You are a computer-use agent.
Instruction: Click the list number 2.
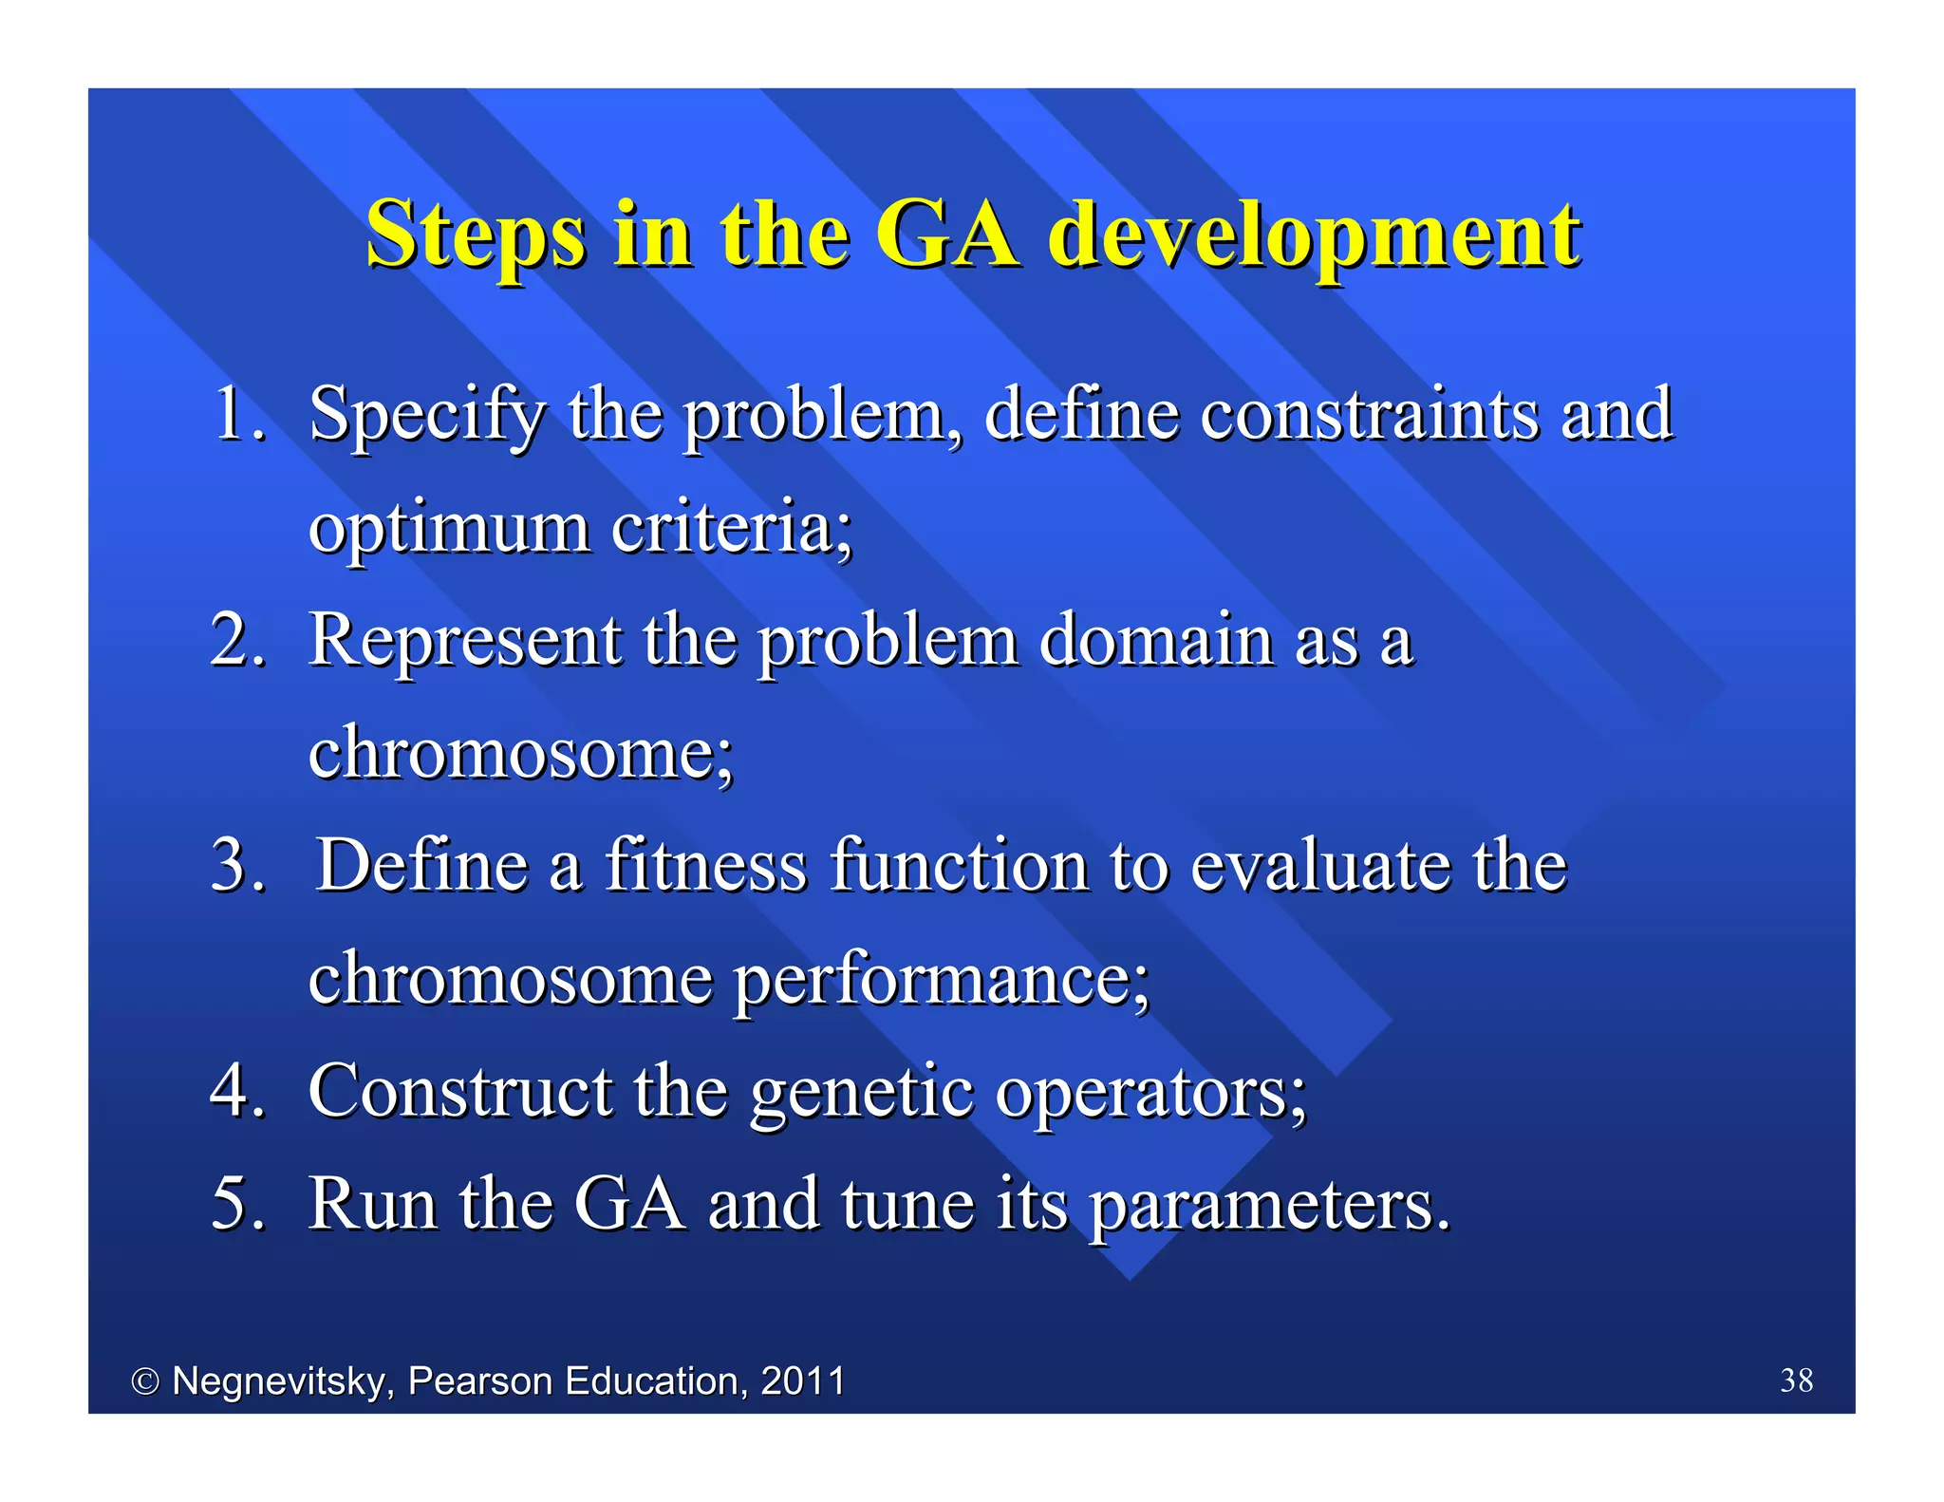(x=237, y=639)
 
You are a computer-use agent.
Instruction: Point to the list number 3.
(x=237, y=865)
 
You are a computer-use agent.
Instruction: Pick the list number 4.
(x=237, y=1090)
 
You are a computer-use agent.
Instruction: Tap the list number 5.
(x=237, y=1203)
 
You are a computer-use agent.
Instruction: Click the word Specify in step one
(x=427, y=416)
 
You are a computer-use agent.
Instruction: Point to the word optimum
(x=449, y=528)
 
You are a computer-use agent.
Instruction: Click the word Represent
(x=465, y=641)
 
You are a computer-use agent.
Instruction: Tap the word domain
(x=1156, y=639)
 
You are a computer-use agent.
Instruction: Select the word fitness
(x=705, y=865)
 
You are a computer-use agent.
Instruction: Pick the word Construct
(x=459, y=1090)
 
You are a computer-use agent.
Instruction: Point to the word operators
(x=1150, y=1092)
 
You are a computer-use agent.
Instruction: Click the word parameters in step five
(x=1269, y=1205)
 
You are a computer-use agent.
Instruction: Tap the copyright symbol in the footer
(x=145, y=1381)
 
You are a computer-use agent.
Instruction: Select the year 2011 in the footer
(x=803, y=1380)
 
